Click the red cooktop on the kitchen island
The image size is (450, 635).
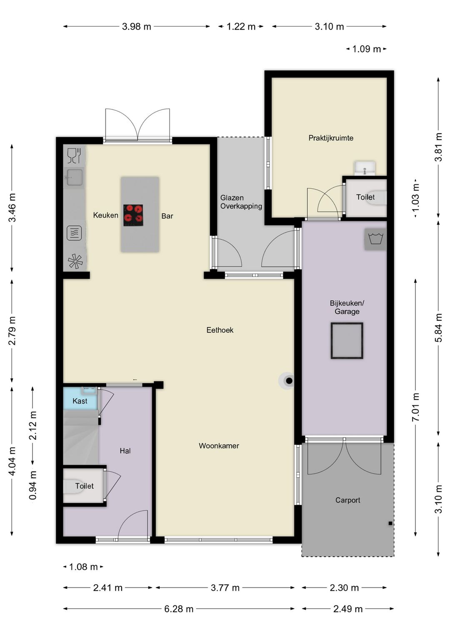pyautogui.click(x=133, y=215)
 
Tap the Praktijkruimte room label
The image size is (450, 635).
pyautogui.click(x=331, y=138)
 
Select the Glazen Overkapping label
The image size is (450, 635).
pyautogui.click(x=241, y=202)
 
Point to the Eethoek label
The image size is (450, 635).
pyautogui.click(x=220, y=330)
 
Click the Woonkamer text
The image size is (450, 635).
pyautogui.click(x=219, y=446)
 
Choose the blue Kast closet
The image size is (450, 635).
pyautogui.click(x=80, y=398)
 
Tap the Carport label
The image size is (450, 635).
pyautogui.click(x=347, y=500)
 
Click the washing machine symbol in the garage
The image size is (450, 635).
pyautogui.click(x=375, y=239)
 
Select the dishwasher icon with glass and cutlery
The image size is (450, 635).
pyautogui.click(x=75, y=156)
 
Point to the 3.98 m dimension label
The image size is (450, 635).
pyautogui.click(x=137, y=27)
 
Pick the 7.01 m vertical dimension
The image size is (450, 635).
pyautogui.click(x=416, y=407)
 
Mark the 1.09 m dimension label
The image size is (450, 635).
pyautogui.click(x=367, y=49)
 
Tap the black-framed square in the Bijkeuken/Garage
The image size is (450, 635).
pyautogui.click(x=347, y=340)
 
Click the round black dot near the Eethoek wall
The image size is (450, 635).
pyautogui.click(x=289, y=381)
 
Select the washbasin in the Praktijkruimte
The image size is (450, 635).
pyautogui.click(x=365, y=169)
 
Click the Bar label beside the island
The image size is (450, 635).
pyautogui.click(x=167, y=216)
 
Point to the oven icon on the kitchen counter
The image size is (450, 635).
pyautogui.click(x=75, y=233)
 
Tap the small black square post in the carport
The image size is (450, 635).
pyautogui.click(x=391, y=523)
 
